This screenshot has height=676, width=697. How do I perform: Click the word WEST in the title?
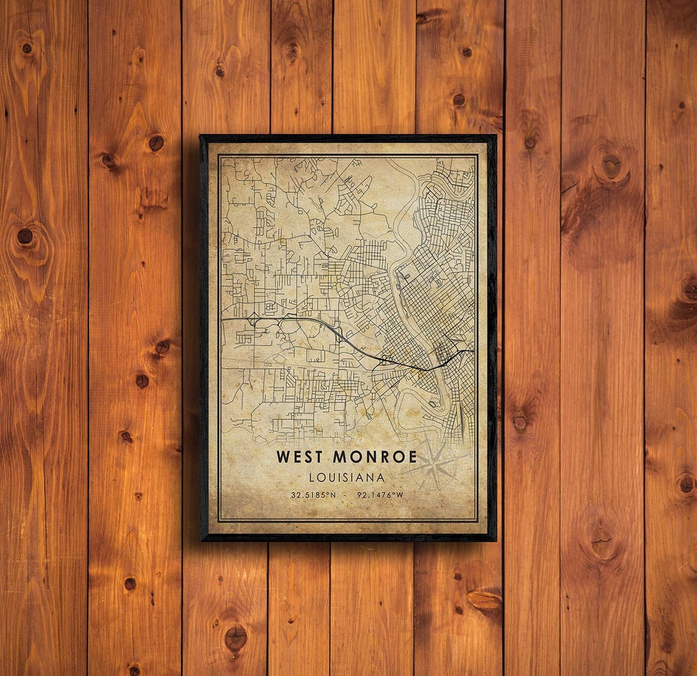300,457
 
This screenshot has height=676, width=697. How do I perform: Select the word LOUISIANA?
347,477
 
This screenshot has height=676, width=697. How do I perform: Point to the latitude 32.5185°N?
314,494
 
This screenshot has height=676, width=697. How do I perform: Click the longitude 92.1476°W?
382,494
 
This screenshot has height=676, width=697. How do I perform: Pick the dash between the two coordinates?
348,494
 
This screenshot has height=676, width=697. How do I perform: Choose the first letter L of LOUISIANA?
312,477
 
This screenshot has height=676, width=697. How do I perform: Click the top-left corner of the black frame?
201,136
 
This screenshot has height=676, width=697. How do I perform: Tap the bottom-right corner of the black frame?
495,540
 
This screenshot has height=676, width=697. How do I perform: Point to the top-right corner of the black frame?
495,136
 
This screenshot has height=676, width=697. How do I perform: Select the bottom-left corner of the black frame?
202,540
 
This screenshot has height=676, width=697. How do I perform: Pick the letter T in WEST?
321,457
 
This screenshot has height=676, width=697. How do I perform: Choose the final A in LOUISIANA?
382,477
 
